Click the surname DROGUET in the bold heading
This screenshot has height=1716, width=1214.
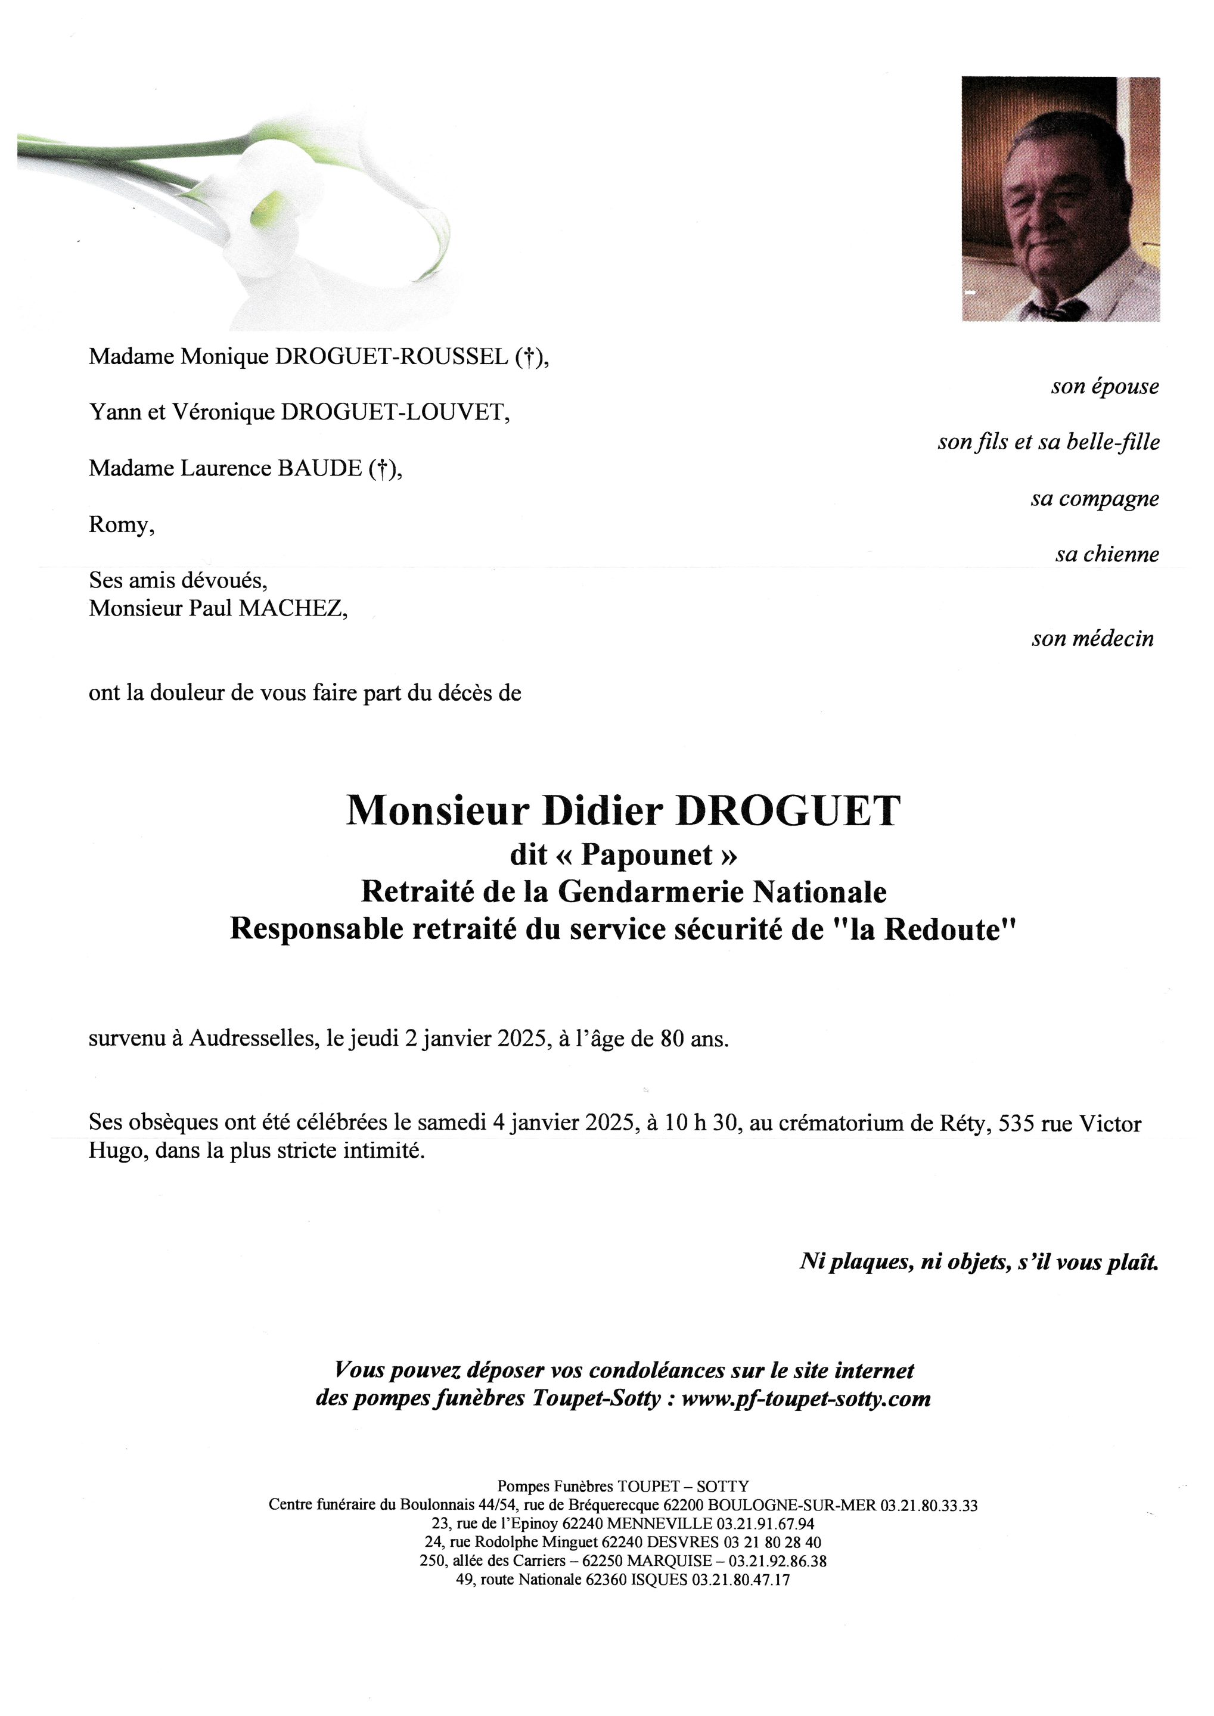pos(788,811)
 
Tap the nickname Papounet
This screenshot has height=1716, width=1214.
pos(647,855)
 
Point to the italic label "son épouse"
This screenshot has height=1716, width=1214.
pos(1104,387)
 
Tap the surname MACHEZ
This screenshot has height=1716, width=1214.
pos(291,608)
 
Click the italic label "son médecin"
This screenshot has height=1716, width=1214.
pos(1092,638)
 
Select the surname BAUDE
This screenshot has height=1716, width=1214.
pos(320,468)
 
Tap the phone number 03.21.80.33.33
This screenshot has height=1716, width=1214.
pos(929,1505)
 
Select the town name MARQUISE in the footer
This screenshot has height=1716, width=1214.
pos(669,1560)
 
